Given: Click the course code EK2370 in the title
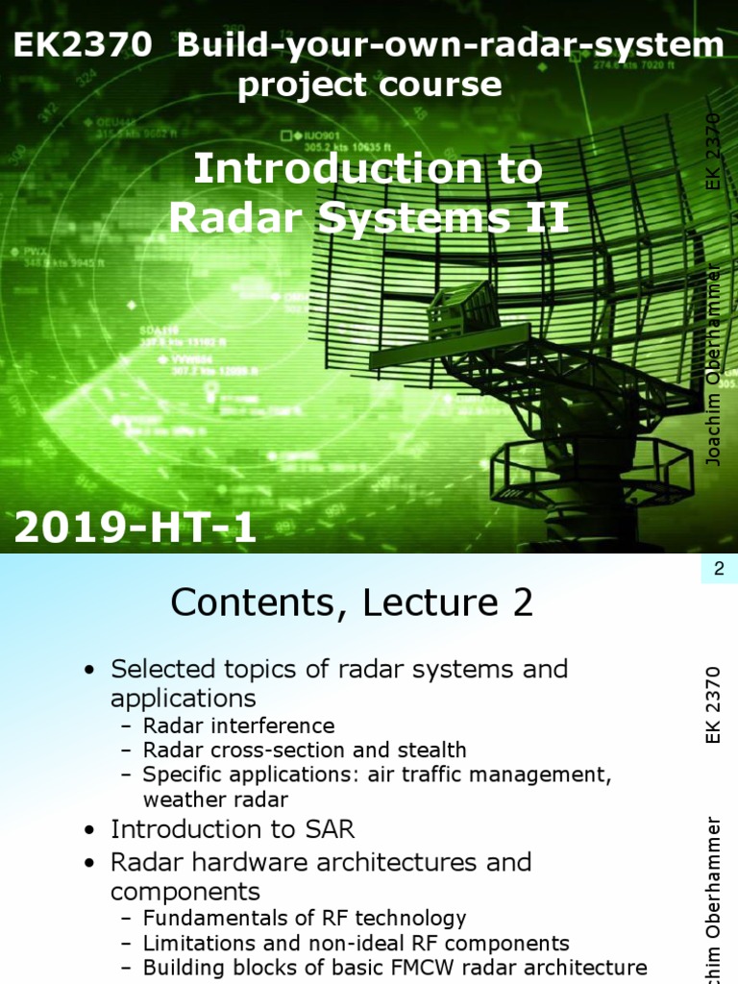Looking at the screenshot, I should click(x=82, y=45).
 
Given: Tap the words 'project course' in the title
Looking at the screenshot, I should click(x=369, y=85).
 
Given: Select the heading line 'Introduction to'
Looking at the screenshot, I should click(x=368, y=170).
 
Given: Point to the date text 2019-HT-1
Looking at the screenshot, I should click(x=135, y=527).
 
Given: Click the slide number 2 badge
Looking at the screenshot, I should click(x=718, y=570).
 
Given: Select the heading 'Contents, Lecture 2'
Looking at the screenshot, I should click(x=352, y=603).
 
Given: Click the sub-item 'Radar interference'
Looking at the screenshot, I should click(x=238, y=726).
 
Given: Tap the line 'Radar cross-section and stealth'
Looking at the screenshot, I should click(x=305, y=750).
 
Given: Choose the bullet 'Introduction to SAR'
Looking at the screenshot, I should click(x=233, y=828).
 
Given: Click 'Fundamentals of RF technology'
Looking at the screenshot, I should click(x=305, y=918).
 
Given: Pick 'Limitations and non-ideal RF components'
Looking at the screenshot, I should click(x=356, y=943).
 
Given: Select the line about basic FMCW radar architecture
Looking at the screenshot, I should click(x=394, y=967).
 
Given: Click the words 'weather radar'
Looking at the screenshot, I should click(x=215, y=799).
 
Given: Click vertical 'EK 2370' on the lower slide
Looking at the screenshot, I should click(x=713, y=703).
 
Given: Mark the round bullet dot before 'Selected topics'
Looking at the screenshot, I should click(x=89, y=669).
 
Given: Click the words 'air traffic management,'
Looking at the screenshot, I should click(x=489, y=775).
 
